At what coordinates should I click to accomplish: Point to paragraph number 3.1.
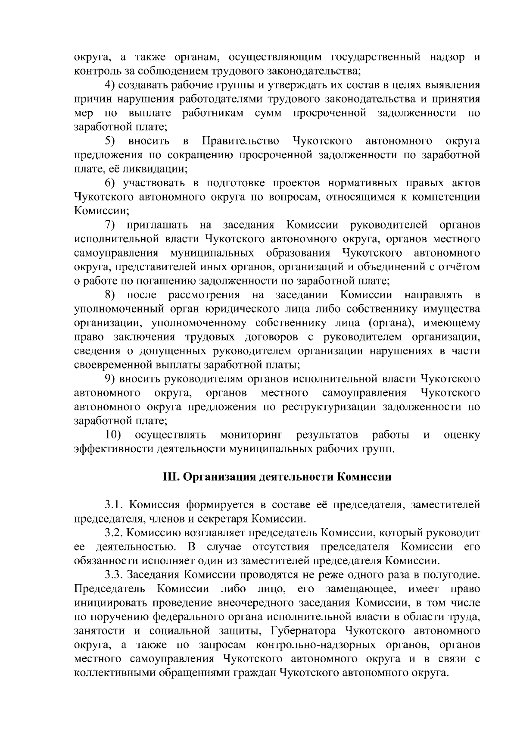click(114, 505)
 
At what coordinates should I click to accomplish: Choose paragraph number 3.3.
click(114, 575)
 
